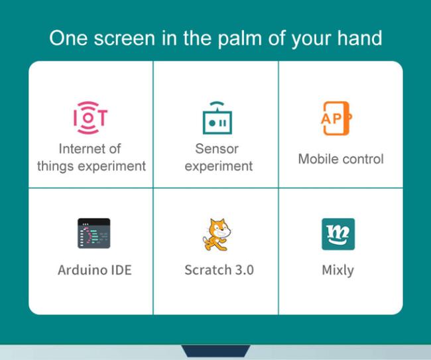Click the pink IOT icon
(x=90, y=117)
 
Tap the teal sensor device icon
(x=217, y=117)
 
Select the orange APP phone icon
(x=336, y=119)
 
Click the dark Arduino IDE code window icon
(x=94, y=233)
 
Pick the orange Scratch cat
(x=217, y=235)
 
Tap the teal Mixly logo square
(x=338, y=234)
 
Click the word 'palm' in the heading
(x=239, y=38)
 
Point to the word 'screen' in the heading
(x=125, y=38)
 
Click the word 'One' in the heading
(x=68, y=38)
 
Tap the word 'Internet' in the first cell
(x=78, y=149)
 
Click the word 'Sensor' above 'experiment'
(x=217, y=149)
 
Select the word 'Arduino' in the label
(x=82, y=270)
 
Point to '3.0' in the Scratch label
(x=245, y=270)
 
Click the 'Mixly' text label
(x=338, y=270)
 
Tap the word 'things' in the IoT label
(x=55, y=166)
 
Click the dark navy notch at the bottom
(x=215, y=351)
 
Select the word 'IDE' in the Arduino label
(x=121, y=270)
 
